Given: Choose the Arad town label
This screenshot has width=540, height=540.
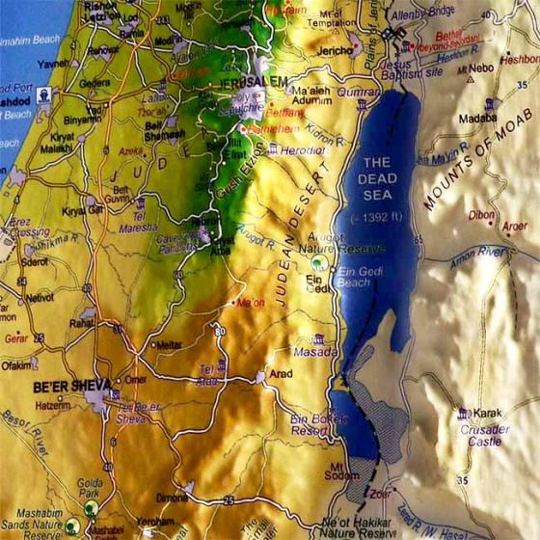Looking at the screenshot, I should [282, 373].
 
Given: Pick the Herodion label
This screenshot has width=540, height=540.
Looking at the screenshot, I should [304, 149].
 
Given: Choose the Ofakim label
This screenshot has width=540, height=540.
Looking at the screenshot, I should [14, 365].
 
